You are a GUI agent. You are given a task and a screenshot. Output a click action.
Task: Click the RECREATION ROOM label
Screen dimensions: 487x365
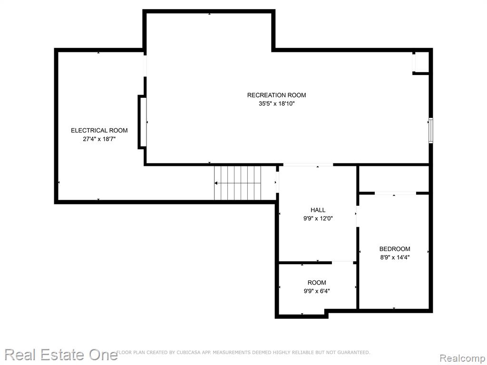click(x=276, y=95)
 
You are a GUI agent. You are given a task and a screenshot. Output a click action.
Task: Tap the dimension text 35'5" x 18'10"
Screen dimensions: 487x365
click(x=276, y=104)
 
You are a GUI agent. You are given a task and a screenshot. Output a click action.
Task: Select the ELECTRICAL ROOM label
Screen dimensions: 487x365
click(x=99, y=131)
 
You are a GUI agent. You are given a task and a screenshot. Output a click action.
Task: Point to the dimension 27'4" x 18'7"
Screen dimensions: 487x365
click(x=99, y=139)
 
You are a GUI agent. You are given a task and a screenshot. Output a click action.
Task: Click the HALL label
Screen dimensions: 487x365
click(x=318, y=210)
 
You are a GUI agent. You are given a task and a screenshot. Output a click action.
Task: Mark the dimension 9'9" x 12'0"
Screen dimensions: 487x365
click(x=318, y=219)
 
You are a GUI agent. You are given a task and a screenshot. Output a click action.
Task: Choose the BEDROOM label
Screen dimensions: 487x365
click(x=395, y=249)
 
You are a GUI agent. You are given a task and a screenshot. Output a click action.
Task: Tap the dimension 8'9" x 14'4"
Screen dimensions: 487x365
click(x=395, y=257)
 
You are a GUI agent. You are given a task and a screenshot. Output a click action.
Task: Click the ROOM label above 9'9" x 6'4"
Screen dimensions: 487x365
click(x=317, y=283)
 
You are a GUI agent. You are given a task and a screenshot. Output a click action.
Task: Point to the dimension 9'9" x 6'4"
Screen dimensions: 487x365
click(x=317, y=291)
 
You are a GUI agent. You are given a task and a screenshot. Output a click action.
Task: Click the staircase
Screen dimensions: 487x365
click(x=238, y=183)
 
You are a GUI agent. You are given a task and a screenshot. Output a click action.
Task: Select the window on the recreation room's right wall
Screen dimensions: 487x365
click(x=431, y=130)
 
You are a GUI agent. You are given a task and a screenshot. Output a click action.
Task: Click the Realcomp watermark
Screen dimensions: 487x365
click(x=463, y=358)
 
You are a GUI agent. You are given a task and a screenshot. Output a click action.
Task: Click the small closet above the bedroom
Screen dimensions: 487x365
click(x=394, y=179)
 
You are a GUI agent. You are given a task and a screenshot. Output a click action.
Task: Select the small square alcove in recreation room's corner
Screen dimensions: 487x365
click(x=421, y=62)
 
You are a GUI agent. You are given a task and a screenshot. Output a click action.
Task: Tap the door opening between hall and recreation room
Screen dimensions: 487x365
click(x=308, y=165)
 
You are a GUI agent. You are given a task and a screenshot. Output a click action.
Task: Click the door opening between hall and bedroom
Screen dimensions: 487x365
click(x=358, y=216)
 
